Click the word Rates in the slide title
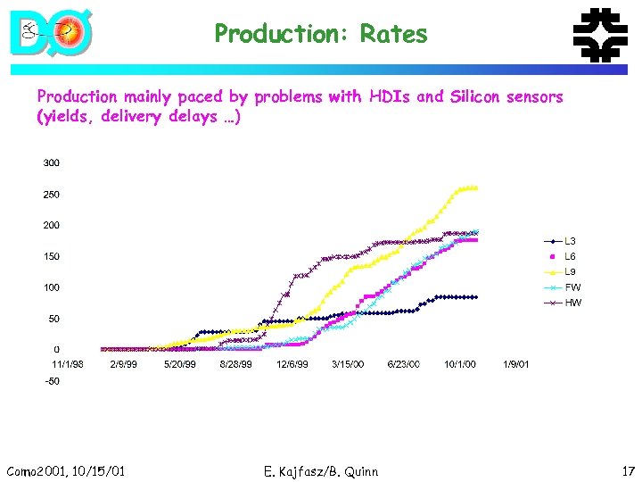pos(393,35)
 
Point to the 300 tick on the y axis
pos(52,163)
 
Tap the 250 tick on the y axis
pos(52,195)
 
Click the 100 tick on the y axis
pos(52,287)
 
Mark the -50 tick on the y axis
pos(52,381)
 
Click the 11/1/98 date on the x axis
pos(68,364)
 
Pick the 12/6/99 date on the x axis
pos(292,364)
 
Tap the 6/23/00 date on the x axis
pos(404,364)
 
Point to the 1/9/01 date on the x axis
pos(515,364)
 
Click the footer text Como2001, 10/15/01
pos(65,471)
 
